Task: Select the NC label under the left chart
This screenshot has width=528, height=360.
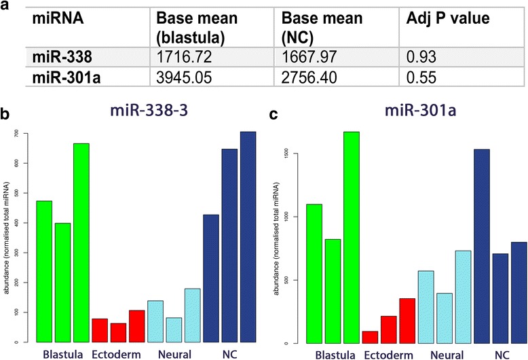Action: tap(231, 353)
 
